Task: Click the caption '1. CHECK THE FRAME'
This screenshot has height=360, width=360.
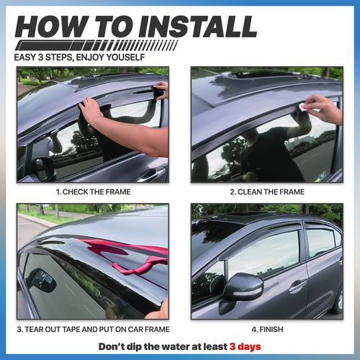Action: [x=92, y=192]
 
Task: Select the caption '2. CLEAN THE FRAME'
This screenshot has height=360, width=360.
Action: [x=266, y=192]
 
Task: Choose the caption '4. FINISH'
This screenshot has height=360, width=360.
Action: [x=266, y=330]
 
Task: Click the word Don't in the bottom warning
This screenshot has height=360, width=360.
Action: [x=114, y=346]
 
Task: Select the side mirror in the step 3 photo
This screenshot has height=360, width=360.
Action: [x=43, y=281]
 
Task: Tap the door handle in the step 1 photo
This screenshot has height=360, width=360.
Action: [x=151, y=173]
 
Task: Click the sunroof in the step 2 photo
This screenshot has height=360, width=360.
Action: [x=266, y=74]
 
